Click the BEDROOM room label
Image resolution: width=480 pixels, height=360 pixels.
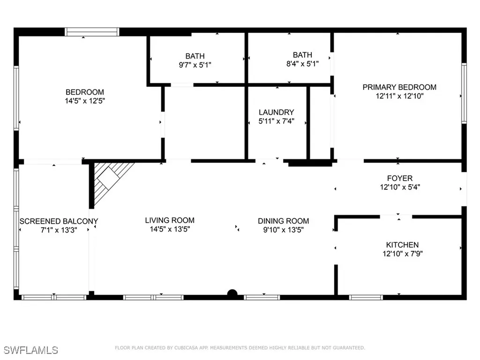84,92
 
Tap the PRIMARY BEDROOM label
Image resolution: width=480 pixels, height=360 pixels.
399,87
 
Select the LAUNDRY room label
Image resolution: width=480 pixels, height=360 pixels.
277,112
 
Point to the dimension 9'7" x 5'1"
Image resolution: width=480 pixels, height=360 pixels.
195,65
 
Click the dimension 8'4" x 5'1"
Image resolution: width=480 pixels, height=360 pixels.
302,64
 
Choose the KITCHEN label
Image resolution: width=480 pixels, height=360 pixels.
402,245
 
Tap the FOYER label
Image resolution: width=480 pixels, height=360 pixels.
399,178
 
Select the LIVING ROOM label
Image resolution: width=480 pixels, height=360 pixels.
169,220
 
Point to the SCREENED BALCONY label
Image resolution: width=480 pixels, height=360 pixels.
59,221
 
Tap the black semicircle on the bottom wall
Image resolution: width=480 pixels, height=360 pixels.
232,294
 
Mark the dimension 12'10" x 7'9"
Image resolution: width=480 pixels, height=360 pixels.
402,254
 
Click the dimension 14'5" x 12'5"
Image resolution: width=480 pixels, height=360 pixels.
84,101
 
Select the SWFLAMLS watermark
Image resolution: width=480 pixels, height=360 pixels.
31,350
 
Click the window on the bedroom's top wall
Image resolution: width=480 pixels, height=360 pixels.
92,32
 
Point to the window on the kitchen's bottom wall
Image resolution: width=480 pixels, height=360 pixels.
366,297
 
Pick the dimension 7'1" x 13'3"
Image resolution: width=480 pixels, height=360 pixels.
59,230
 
